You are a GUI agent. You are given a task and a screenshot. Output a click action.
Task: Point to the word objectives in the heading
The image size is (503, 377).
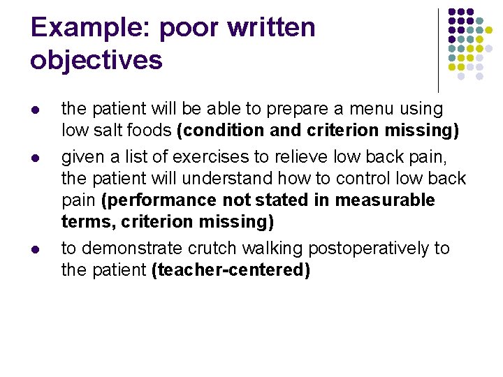(x=96, y=60)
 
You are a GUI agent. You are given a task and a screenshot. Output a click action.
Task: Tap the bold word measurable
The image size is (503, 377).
(x=385, y=201)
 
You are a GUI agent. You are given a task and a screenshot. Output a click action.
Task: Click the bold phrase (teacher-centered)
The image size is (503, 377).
(x=231, y=271)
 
